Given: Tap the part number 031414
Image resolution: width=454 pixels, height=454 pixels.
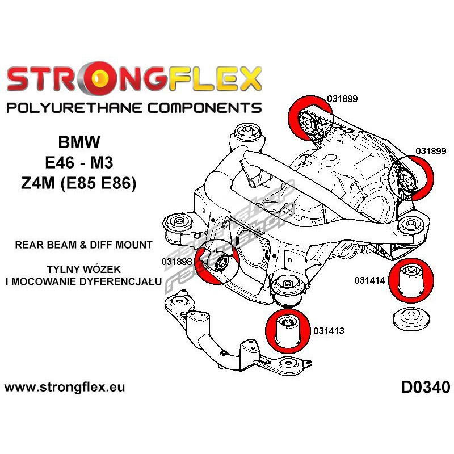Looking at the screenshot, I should point(371,280).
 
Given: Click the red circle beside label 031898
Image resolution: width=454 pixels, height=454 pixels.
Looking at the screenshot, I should point(213,262).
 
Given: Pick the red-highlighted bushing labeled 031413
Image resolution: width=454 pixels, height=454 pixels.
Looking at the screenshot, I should point(287,331).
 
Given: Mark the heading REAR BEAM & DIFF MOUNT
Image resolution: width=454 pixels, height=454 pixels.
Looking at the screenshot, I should point(83,245).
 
